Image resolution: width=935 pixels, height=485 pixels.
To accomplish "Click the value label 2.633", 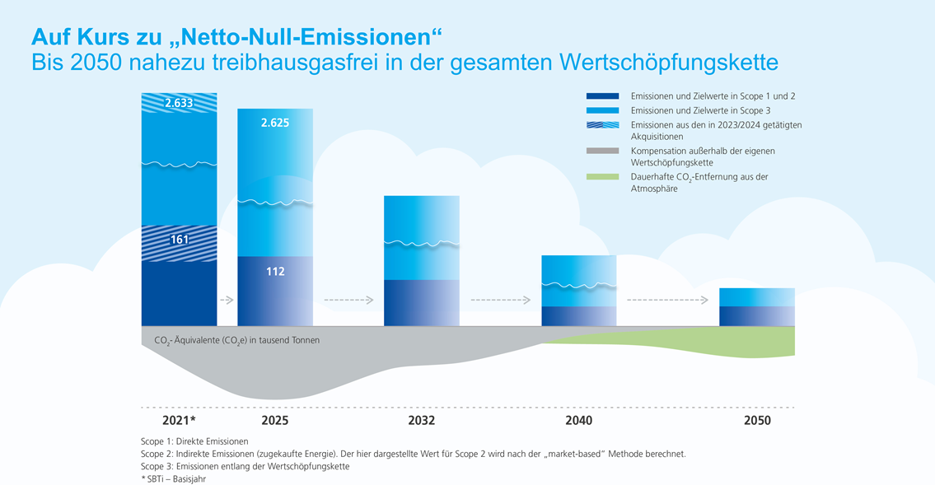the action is point(179,102).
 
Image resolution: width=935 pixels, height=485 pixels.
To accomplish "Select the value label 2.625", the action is point(275,123).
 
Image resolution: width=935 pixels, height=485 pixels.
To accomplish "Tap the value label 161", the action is point(180,240).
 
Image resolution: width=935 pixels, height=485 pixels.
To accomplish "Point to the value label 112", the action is point(275,272).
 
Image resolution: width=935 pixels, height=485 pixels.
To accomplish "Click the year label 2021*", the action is point(179,421).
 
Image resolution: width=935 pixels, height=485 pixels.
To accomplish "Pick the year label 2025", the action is point(275,421).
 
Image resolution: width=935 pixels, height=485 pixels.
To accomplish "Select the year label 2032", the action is point(422,421).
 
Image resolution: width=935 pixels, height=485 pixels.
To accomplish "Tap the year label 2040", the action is point(578,421).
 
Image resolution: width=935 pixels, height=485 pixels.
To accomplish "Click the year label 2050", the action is point(757,421).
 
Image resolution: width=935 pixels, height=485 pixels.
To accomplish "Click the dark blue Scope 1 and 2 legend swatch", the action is point(602,96).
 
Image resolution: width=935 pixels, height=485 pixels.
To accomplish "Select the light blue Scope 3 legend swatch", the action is point(602,110).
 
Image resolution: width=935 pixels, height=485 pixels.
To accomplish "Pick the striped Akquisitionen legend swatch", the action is point(602,125).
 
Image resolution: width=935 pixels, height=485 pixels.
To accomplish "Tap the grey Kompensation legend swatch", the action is point(602,151).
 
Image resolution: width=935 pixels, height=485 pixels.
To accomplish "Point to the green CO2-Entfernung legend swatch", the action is point(602,177).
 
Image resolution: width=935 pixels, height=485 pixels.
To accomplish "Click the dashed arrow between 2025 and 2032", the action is point(348,301).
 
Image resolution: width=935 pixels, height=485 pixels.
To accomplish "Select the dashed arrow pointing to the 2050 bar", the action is point(667,301).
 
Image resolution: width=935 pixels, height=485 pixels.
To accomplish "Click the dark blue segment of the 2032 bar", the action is point(422,303).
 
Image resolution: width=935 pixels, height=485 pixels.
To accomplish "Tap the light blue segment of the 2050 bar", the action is point(757,297).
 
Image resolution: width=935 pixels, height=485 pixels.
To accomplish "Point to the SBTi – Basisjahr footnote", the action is point(174,478).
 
